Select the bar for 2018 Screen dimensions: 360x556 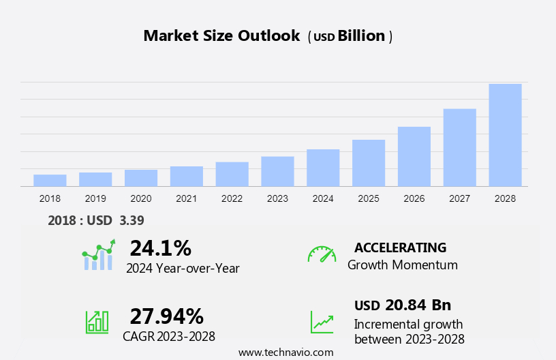[x=50, y=180]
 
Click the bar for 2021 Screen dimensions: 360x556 [x=187, y=176]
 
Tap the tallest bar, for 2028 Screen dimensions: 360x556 [x=505, y=135]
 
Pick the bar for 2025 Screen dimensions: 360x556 [x=369, y=163]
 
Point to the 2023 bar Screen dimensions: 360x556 [x=277, y=171]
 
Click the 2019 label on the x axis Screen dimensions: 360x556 [x=95, y=198]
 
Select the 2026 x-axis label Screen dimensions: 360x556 [x=414, y=198]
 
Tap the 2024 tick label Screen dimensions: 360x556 [x=323, y=198]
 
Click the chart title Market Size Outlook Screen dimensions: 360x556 [x=221, y=36]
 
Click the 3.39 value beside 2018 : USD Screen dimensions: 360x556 [x=132, y=220]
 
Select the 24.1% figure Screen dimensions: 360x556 [x=160, y=247]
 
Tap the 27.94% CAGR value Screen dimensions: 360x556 [x=166, y=316]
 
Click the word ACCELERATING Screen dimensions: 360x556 [x=400, y=247]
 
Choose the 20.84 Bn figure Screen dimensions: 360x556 [x=418, y=305]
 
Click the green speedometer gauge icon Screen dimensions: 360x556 [x=322, y=254]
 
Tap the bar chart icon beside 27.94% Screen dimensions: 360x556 [x=97, y=321]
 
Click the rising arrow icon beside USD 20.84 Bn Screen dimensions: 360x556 [x=322, y=322]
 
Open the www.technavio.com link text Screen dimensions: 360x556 [x=285, y=352]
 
